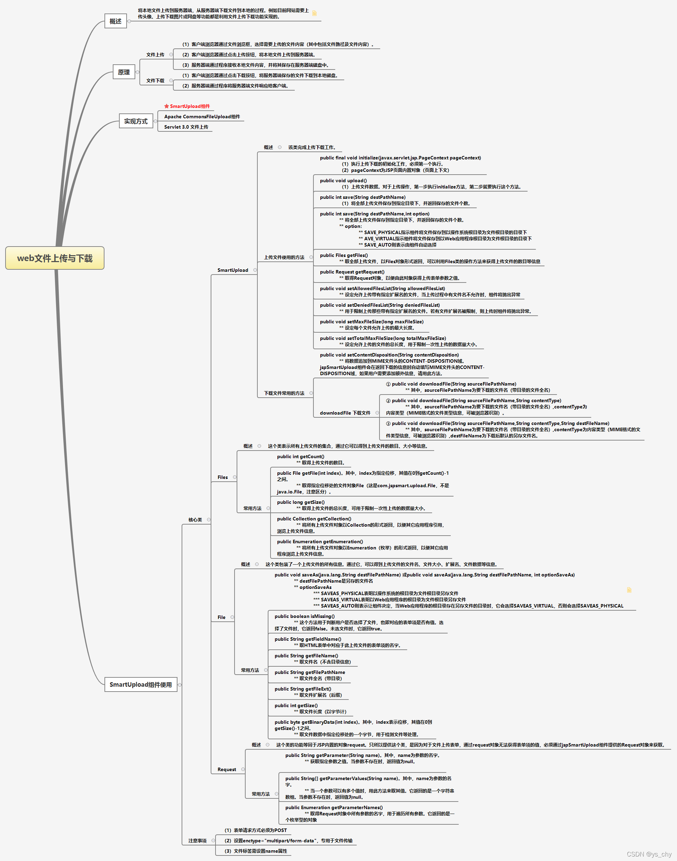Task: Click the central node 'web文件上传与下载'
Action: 55,258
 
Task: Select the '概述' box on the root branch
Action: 115,21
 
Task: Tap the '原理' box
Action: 123,72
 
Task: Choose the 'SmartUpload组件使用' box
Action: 141,684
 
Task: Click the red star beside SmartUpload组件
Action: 166,106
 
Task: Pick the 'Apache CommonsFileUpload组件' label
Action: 202,117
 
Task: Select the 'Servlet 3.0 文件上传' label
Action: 186,127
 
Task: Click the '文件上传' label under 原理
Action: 155,55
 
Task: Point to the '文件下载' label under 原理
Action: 155,81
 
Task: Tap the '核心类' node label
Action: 195,519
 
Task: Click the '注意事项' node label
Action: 198,840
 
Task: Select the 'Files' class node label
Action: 222,477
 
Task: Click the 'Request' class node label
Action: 226,769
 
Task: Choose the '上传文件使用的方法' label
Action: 284,257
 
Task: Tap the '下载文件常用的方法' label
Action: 284,393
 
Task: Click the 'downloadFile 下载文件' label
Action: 345,413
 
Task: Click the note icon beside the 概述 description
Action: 314,13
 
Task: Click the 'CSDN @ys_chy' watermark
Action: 649,854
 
